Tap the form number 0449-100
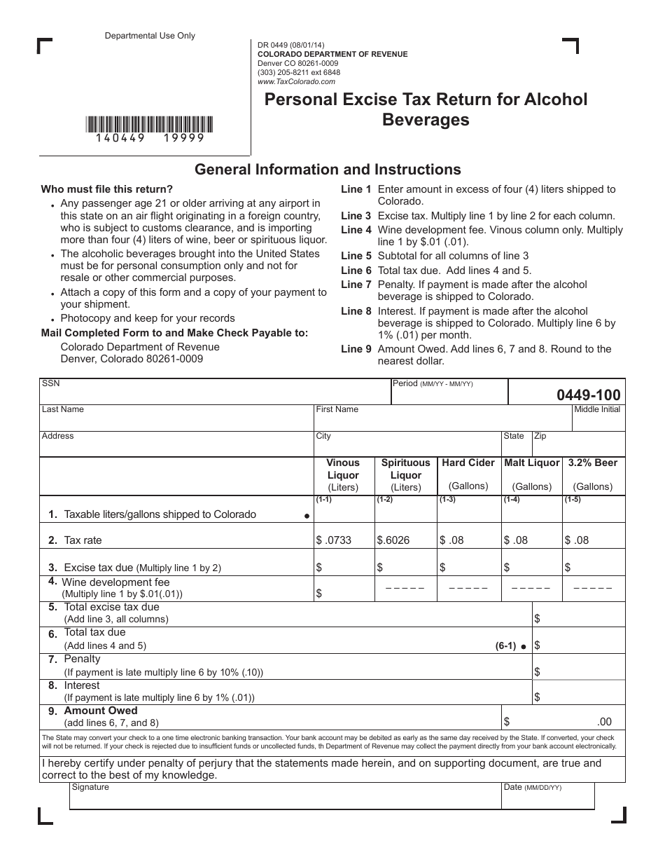(588, 395)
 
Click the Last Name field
(176, 420)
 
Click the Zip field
(578, 446)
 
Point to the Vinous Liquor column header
(343, 474)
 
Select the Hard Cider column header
(468, 474)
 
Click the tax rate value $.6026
(393, 540)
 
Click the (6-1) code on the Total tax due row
(505, 646)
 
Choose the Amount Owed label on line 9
(101, 711)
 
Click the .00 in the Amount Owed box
(604, 722)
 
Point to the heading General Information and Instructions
(328, 169)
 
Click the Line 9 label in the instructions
(356, 349)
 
